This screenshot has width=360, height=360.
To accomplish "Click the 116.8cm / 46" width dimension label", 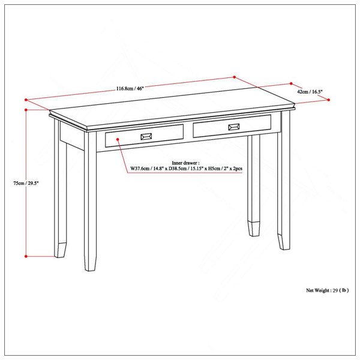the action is (130, 88).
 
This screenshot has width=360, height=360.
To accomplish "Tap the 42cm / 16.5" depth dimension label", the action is (310, 92).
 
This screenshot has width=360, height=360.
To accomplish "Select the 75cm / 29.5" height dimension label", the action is (26, 183).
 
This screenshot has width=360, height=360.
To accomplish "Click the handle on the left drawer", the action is (146, 137).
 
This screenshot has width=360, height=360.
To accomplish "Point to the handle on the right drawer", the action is (234, 127).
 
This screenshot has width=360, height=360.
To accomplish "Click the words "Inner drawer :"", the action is (186, 163).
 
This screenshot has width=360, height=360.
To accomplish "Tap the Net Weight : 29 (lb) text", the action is (328, 290).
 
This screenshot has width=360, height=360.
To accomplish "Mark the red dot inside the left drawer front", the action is (118, 139).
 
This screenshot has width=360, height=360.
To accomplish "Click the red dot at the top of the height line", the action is (26, 110).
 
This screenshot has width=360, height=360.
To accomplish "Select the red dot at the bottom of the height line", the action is (26, 256).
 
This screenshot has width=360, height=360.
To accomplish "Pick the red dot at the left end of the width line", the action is (26, 100).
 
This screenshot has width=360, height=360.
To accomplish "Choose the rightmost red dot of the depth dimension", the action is (329, 100).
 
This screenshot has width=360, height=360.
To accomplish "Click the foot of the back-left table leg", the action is (61, 250).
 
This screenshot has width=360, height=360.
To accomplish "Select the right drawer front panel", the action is (232, 127).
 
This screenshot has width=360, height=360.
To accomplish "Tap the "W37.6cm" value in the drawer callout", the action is (140, 169).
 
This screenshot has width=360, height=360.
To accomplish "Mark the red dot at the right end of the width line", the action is (235, 77).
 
